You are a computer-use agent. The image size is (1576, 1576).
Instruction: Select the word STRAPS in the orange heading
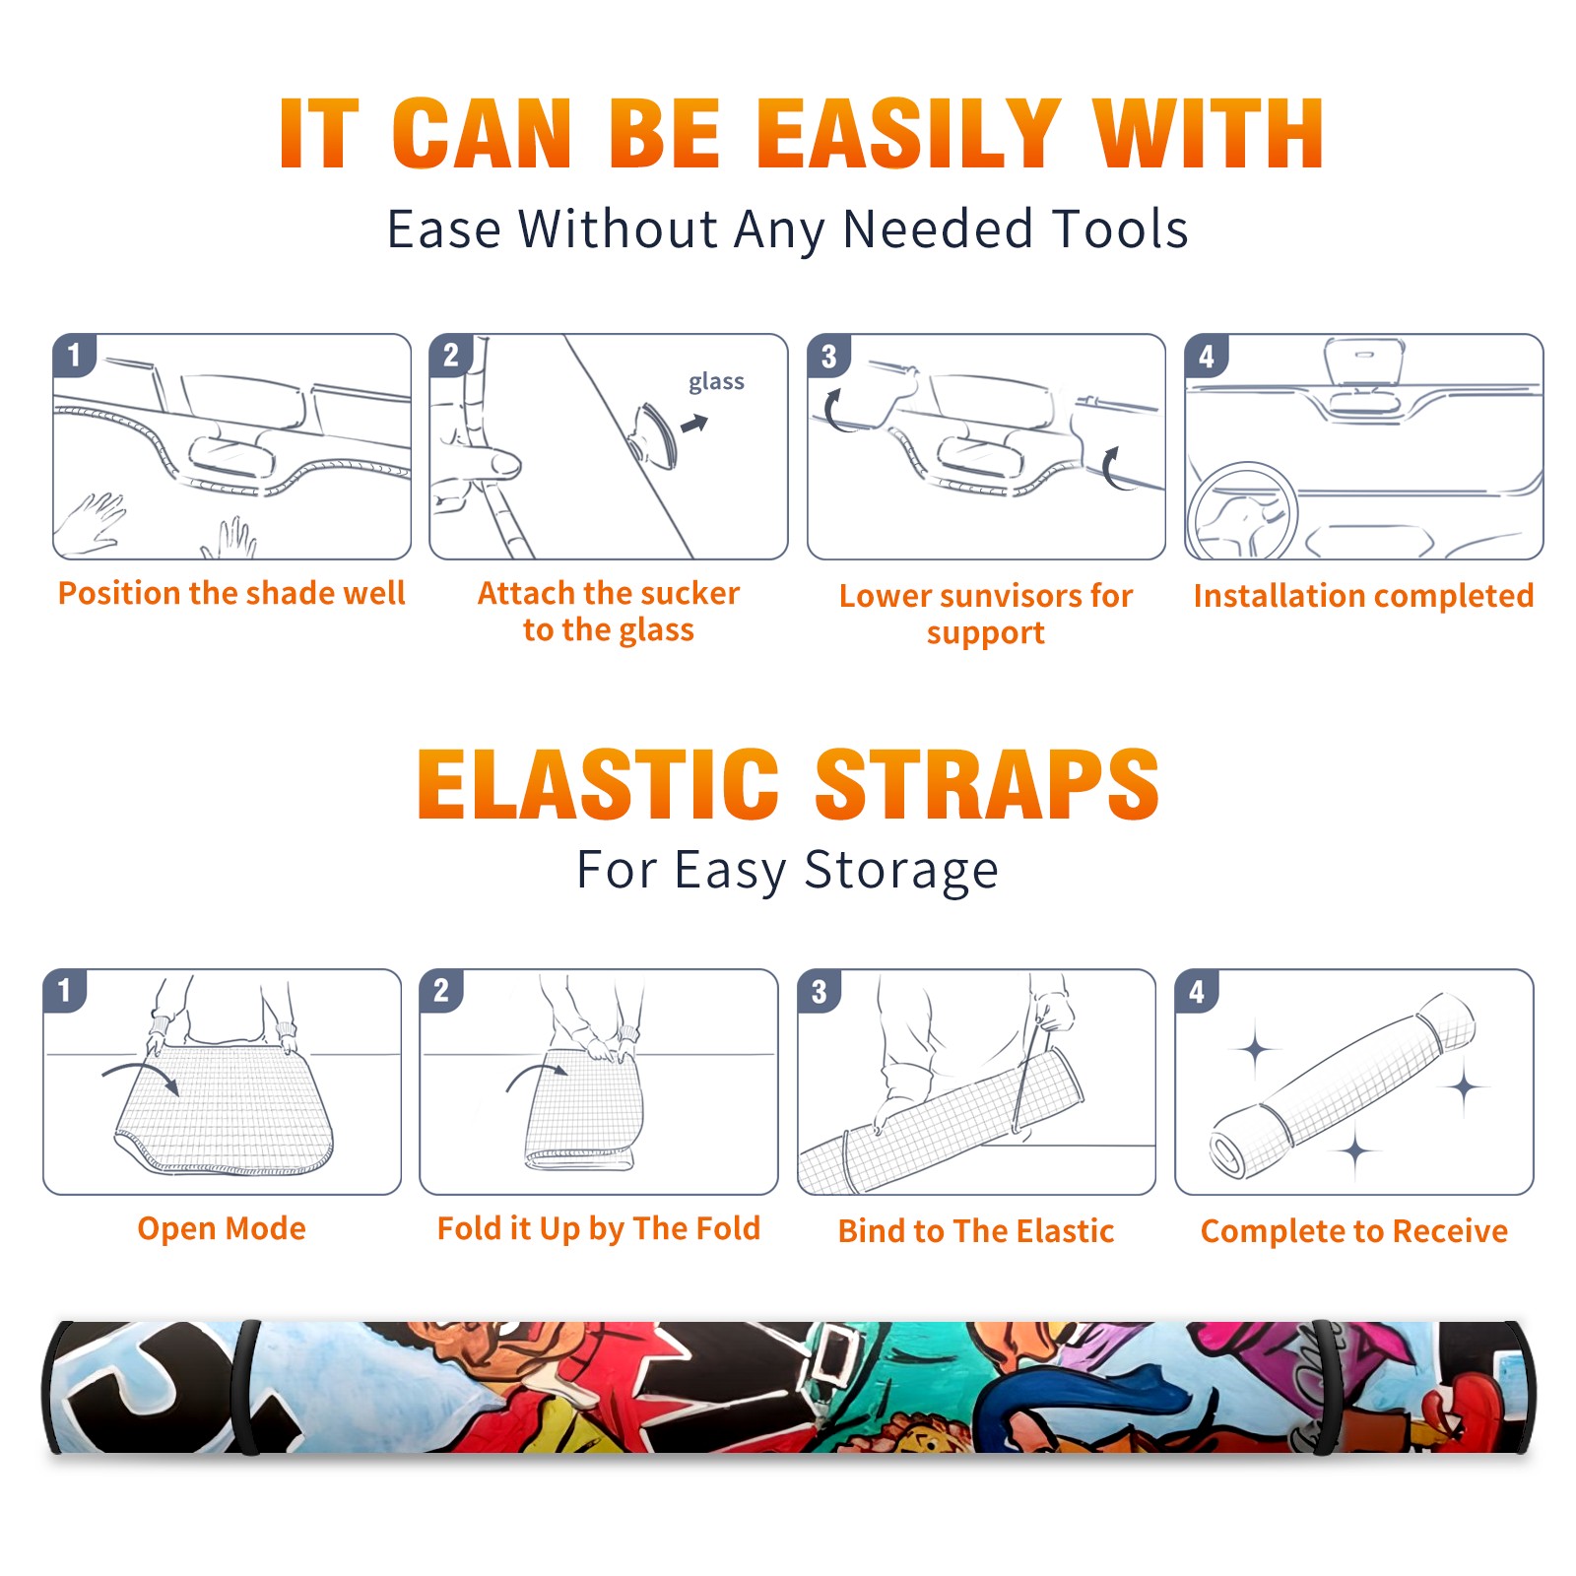coord(987,784)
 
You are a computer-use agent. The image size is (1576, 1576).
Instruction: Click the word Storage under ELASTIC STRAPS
coord(901,871)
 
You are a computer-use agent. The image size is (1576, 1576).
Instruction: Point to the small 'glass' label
coord(716,382)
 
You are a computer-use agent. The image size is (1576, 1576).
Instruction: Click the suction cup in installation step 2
coord(654,434)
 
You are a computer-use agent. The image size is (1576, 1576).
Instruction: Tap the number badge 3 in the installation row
coord(828,356)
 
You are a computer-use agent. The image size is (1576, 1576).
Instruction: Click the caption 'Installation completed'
coord(1363,596)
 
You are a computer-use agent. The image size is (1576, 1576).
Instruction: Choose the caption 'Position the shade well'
coord(231,593)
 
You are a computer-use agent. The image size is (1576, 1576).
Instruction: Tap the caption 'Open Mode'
coord(222,1228)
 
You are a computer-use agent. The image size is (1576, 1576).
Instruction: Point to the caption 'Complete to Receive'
coord(1354,1231)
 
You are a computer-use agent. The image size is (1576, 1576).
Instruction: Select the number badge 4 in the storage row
coord(1197,991)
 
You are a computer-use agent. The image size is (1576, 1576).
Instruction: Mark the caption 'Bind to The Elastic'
coord(976,1231)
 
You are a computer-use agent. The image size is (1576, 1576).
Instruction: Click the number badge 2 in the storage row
coord(440,991)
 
